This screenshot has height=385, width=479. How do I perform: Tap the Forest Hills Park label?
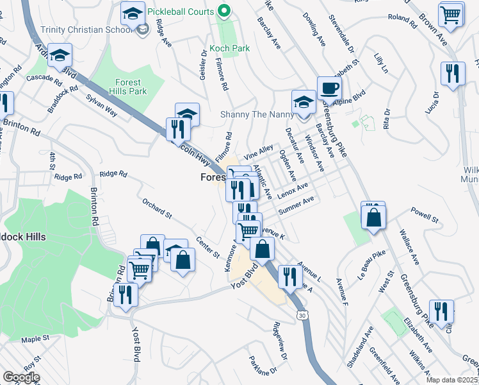[x=131, y=87]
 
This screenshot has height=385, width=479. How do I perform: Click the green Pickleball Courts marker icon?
[x=223, y=11]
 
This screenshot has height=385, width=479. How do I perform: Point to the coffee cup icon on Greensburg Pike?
[x=329, y=87]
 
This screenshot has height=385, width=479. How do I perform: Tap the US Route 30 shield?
[x=302, y=315]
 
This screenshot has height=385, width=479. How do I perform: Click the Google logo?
[x=21, y=377]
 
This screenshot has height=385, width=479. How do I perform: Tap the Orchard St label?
[x=157, y=209]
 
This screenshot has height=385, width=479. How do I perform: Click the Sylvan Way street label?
[x=102, y=106]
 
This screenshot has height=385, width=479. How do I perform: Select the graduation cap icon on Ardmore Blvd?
[x=60, y=56]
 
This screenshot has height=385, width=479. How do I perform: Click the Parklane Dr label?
[x=264, y=366]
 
